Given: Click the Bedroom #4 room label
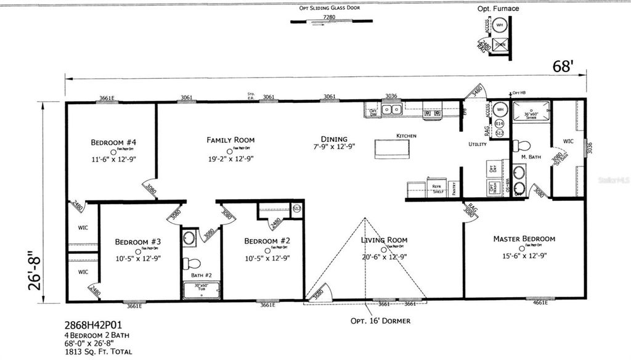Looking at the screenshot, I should click(113, 142).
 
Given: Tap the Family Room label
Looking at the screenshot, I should click(230, 140).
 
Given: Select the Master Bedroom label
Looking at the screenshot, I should click(524, 239).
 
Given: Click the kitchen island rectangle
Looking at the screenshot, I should click(392, 149).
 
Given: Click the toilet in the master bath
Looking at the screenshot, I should click(522, 146).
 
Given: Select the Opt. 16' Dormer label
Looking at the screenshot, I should click(380, 321).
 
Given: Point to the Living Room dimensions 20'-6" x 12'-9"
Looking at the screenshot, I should click(385, 257).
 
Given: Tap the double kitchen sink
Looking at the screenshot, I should click(391, 110).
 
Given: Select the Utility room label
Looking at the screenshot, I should click(478, 144).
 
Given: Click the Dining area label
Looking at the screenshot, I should click(334, 139).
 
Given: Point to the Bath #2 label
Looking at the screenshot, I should click(201, 274).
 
